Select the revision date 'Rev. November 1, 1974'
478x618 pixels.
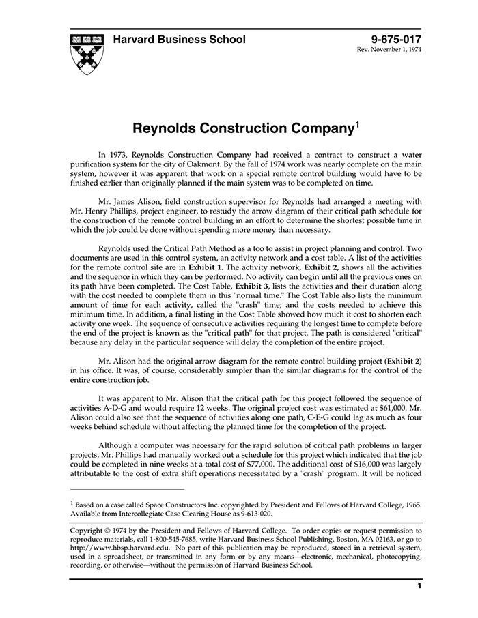[x=389, y=51]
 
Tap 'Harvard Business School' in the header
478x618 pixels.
[x=179, y=39]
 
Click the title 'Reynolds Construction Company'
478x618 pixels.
[x=242, y=128]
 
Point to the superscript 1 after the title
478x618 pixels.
[x=357, y=124]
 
